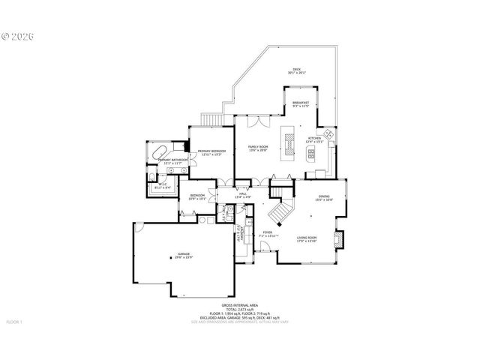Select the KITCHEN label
pyautogui.click(x=313, y=139)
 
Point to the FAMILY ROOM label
pyautogui.click(x=259, y=147)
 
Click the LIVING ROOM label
pyautogui.click(x=307, y=237)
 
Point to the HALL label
pyautogui.click(x=243, y=195)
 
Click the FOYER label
pyautogui.click(x=268, y=235)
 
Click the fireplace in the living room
pyautogui.click(x=338, y=239)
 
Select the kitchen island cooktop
pyautogui.click(x=286, y=140)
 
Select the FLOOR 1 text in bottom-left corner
pyautogui.click(x=14, y=322)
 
